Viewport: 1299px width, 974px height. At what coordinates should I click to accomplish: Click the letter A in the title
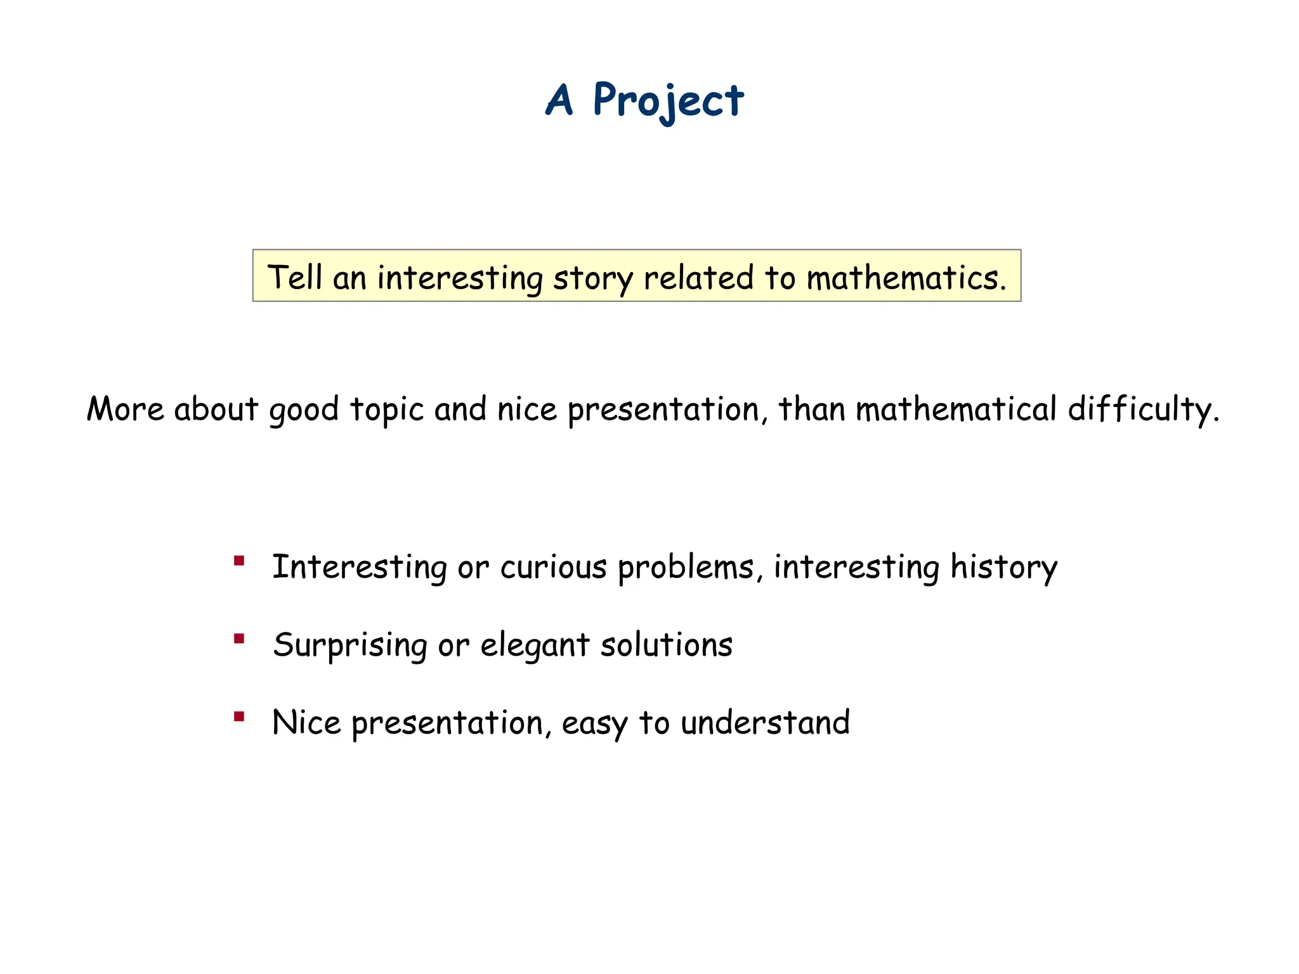[x=559, y=101]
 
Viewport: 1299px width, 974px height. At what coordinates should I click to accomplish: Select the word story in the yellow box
[x=592, y=279]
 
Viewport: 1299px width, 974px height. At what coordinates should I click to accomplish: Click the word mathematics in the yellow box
[x=906, y=278]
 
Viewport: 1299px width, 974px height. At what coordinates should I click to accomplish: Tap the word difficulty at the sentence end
[x=1143, y=409]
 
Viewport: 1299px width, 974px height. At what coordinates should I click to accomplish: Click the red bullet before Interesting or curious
[x=239, y=561]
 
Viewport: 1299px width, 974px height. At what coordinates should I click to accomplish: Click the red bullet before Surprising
[x=239, y=639]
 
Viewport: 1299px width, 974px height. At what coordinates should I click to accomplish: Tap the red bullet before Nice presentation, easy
[x=239, y=717]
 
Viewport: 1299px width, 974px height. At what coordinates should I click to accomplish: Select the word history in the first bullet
[x=1003, y=567]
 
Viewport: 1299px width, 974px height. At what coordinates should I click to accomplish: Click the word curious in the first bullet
[x=553, y=567]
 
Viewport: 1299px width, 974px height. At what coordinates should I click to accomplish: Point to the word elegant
[x=535, y=646]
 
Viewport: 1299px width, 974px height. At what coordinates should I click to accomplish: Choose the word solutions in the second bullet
[x=666, y=645]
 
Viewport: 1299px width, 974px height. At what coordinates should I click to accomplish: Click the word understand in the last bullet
[x=765, y=723]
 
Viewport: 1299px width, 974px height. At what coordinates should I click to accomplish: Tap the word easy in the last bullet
[x=594, y=724]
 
